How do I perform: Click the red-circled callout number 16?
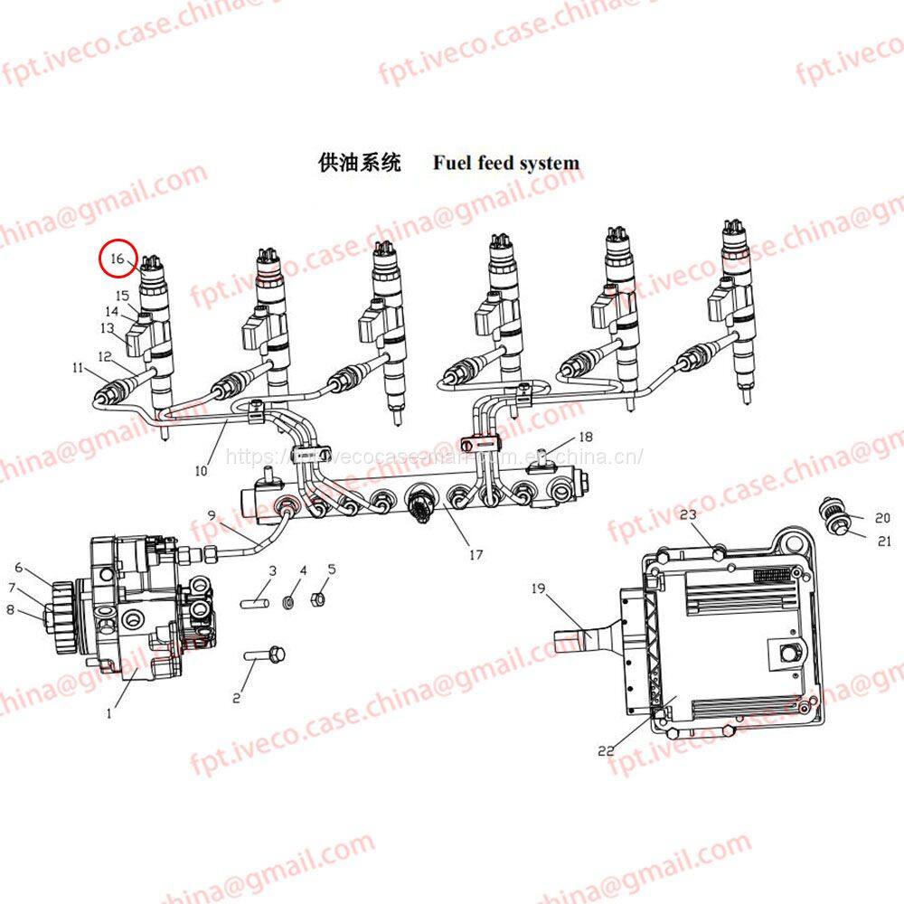[x=117, y=259]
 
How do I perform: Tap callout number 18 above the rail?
[x=585, y=438]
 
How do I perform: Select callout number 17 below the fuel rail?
[x=476, y=555]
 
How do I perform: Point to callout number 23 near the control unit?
[x=689, y=515]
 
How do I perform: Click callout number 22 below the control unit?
[x=607, y=750]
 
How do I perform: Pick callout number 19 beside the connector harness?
[x=539, y=589]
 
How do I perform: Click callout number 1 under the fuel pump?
[x=109, y=712]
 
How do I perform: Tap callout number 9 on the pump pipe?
[x=211, y=515]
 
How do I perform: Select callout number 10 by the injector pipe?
[x=201, y=470]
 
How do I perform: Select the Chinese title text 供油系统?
[x=359, y=163]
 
